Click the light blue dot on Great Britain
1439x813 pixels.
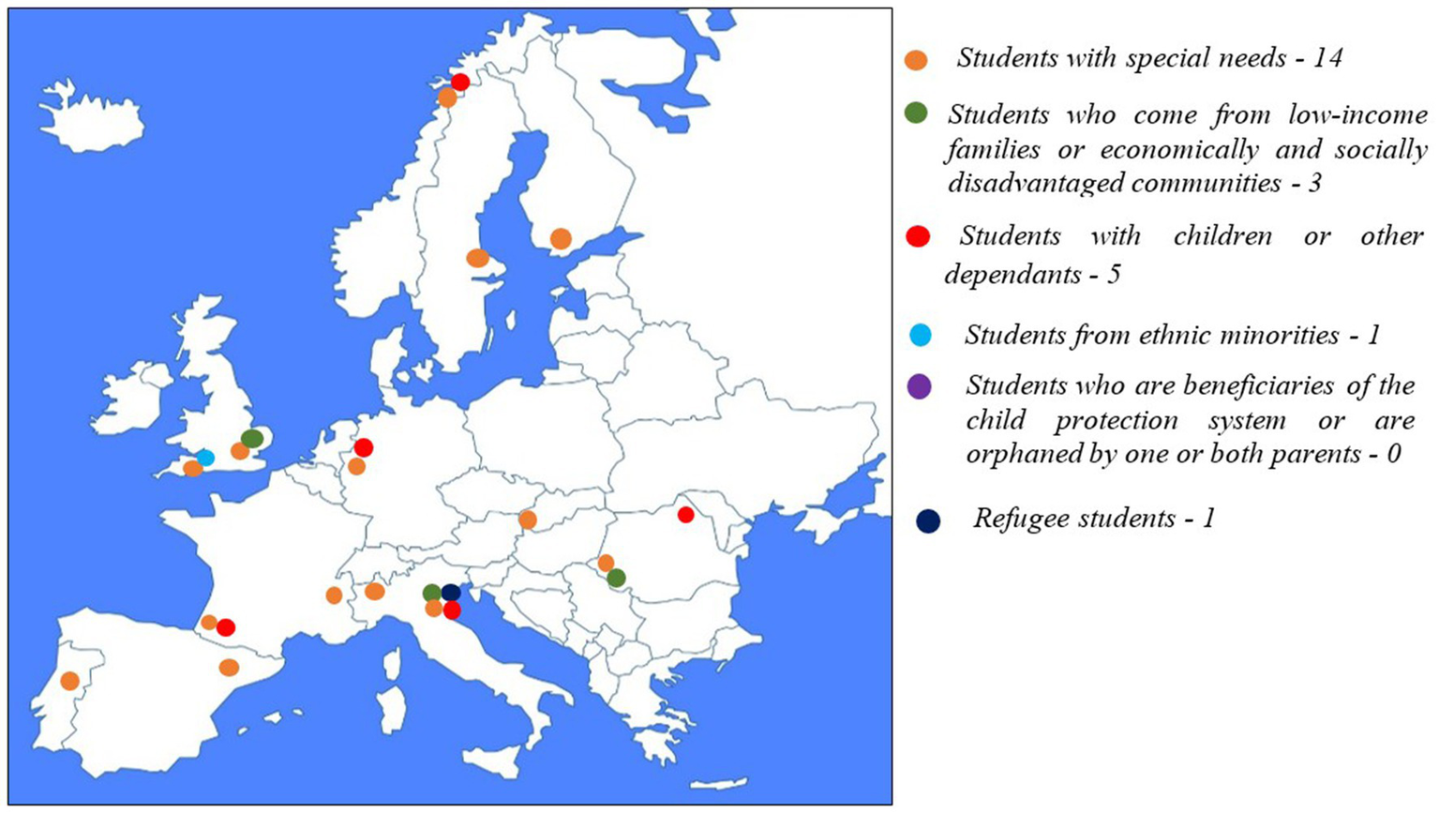pyautogui.click(x=205, y=458)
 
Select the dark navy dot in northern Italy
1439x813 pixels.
pyautogui.click(x=451, y=593)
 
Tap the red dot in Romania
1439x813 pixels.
pyautogui.click(x=686, y=515)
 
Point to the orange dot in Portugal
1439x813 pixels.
pyautogui.click(x=69, y=681)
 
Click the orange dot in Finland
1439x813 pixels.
pyautogui.click(x=561, y=239)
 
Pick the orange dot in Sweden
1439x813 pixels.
pyautogui.click(x=477, y=258)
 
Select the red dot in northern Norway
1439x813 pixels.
pyautogui.click(x=460, y=83)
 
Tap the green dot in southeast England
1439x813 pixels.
pyautogui.click(x=252, y=439)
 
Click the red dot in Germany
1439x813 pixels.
pyautogui.click(x=364, y=448)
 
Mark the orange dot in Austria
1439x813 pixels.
pyautogui.click(x=528, y=519)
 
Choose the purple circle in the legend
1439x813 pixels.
pyautogui.click(x=920, y=386)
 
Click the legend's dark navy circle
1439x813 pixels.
pyautogui.click(x=928, y=521)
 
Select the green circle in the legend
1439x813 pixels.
pyautogui.click(x=916, y=113)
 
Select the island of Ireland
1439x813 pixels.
pyautogui.click(x=131, y=398)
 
